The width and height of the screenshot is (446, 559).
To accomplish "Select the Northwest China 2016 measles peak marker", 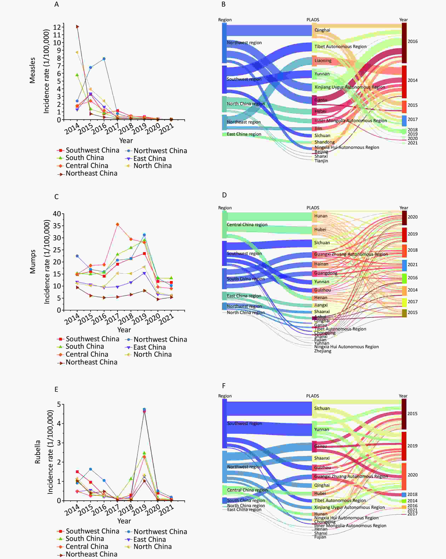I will [104, 59].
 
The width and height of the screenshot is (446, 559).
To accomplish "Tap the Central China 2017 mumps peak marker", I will [118, 224].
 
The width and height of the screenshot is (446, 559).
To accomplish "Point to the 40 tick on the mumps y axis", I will [57, 214].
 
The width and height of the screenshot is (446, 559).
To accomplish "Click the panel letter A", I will [56, 4].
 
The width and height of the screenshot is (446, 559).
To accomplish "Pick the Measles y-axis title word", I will [32, 70].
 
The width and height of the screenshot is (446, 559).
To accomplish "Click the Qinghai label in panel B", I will [322, 30].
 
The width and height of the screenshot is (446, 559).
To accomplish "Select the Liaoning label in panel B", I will [323, 61].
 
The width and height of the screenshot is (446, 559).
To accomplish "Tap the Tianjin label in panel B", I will [321, 161].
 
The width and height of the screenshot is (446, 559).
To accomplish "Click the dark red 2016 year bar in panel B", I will [404, 43].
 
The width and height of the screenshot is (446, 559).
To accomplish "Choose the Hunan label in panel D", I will [321, 216].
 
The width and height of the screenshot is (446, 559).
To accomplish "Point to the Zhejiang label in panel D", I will [323, 351].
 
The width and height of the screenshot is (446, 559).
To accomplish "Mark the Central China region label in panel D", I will [247, 225].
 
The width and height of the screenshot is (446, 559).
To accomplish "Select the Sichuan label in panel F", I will [322, 408].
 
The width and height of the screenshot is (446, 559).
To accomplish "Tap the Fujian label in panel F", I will [320, 537].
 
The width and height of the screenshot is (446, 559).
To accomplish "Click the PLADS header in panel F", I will [313, 396].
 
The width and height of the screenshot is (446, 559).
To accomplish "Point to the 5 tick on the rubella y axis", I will [59, 404].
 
